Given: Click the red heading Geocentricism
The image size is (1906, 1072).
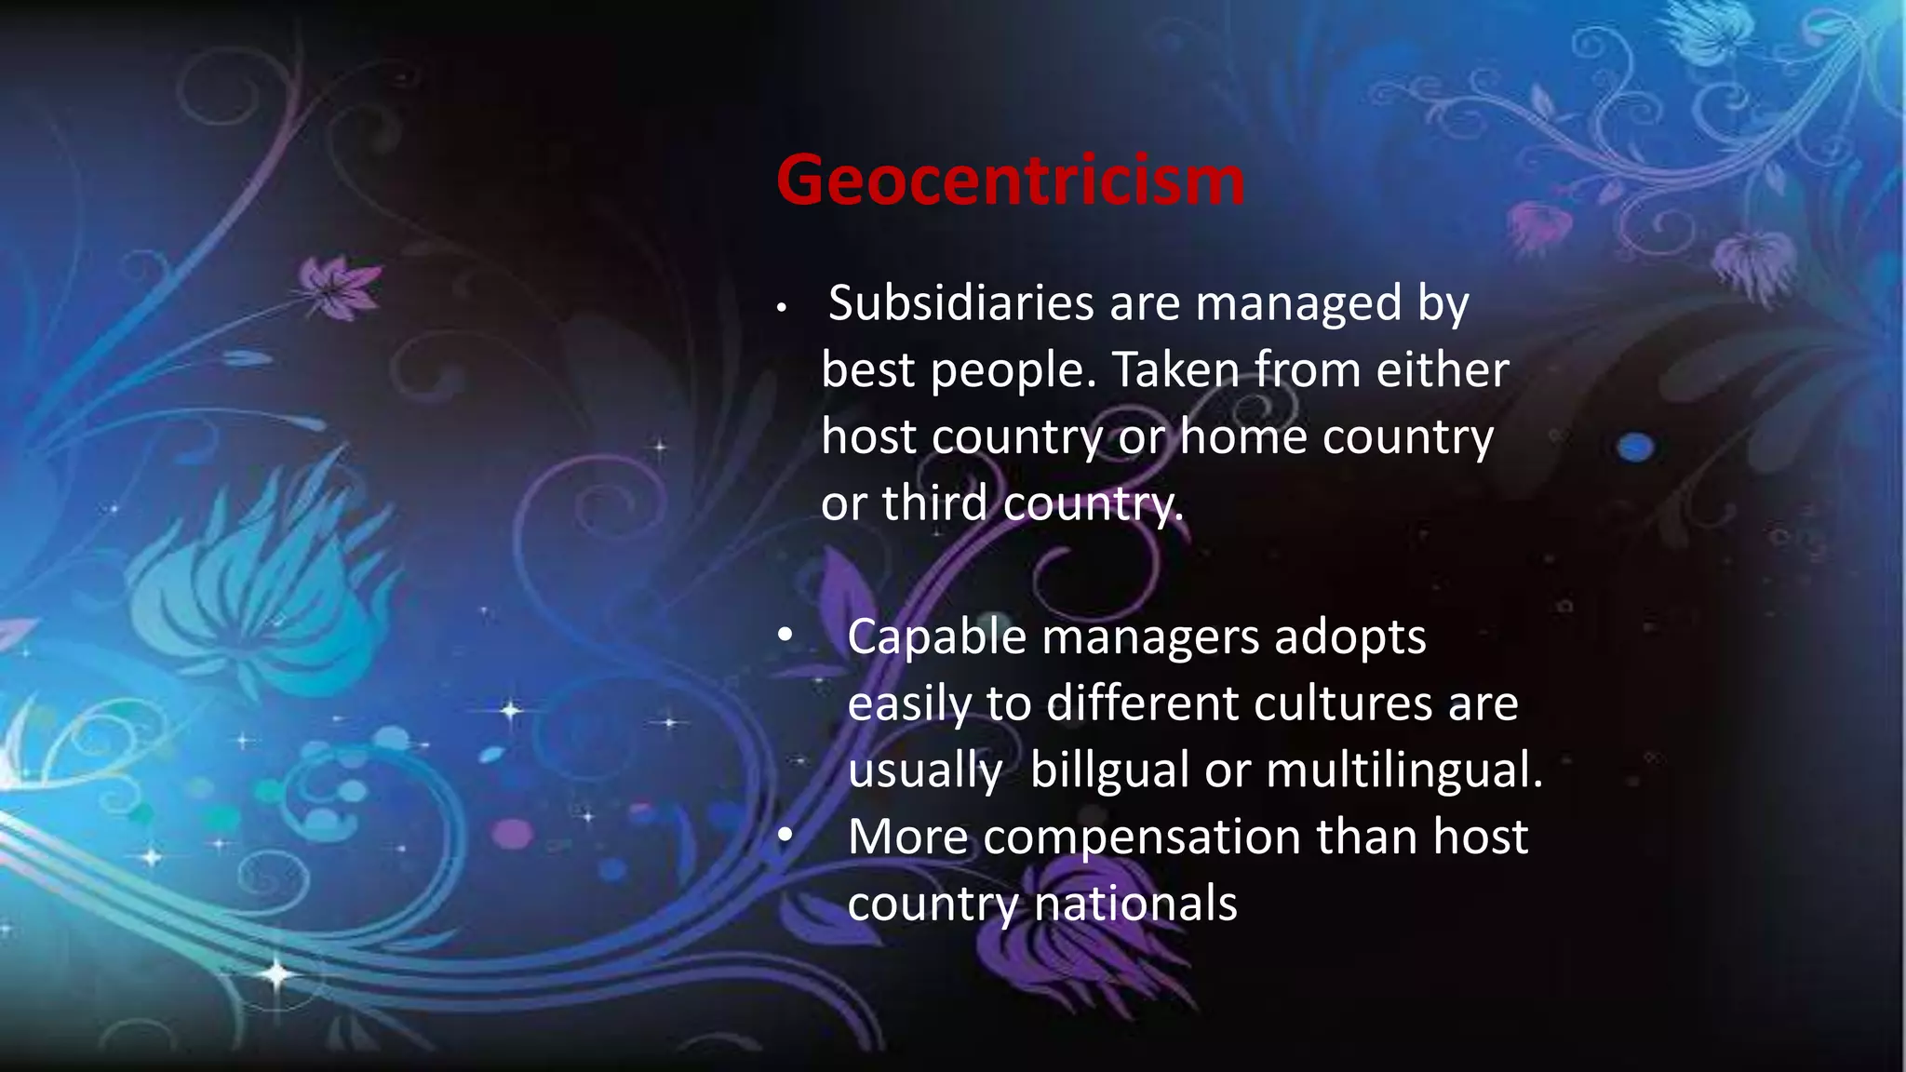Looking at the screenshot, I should coord(1010,181).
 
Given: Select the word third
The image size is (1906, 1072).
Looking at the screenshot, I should coord(934,503).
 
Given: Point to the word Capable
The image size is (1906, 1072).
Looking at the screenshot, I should coord(936,638).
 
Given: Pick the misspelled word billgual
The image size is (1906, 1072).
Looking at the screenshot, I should coord(1109,770).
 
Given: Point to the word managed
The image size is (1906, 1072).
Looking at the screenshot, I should coord(1298,303).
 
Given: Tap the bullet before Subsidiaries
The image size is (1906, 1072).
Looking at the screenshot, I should coord(783,308).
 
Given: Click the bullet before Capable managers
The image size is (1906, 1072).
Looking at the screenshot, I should coord(785,636).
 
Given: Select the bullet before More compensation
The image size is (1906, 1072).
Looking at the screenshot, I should coord(785,836).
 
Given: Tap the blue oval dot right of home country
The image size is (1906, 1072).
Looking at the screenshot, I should coord(1635,448).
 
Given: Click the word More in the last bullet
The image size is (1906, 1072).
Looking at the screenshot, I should coord(907,837).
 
